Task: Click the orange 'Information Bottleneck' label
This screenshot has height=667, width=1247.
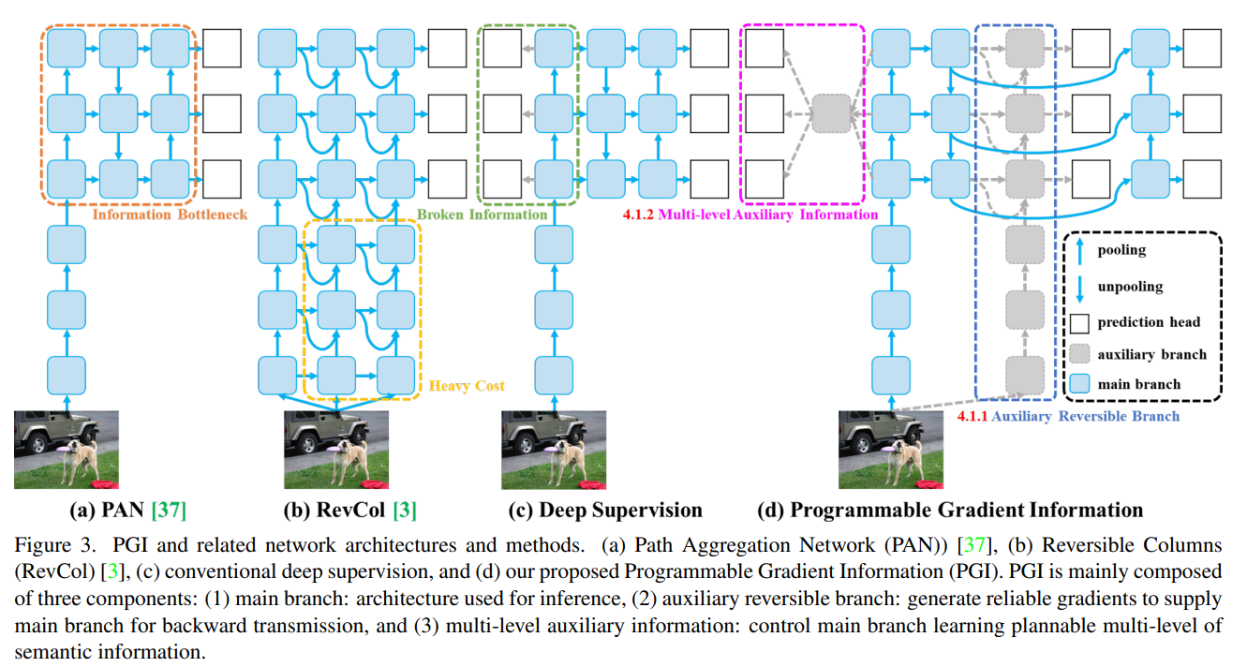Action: [170, 215]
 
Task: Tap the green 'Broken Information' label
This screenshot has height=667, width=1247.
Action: [482, 215]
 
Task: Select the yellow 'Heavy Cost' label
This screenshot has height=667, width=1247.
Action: [467, 386]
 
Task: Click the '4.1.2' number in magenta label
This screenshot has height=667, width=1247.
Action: [638, 215]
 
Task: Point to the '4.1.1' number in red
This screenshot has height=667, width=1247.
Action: [972, 417]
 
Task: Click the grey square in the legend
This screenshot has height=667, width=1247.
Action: [1080, 354]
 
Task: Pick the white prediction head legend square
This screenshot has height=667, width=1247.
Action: [1080, 323]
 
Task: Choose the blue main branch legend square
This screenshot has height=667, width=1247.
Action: [1080, 384]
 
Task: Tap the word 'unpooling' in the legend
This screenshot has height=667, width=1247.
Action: [1130, 287]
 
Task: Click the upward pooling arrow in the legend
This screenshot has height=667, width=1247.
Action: [1080, 251]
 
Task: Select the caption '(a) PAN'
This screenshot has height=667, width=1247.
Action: [107, 510]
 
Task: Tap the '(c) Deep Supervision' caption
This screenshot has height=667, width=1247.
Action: [605, 510]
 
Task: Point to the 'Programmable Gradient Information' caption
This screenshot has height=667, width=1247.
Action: [967, 510]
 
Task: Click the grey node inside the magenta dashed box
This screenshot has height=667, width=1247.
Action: [831, 113]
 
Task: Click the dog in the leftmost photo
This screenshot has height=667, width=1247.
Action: [78, 460]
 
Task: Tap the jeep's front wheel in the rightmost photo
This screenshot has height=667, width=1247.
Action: [863, 444]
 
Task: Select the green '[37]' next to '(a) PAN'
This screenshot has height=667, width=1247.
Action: [169, 510]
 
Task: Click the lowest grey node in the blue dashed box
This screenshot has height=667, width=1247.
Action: [1025, 376]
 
